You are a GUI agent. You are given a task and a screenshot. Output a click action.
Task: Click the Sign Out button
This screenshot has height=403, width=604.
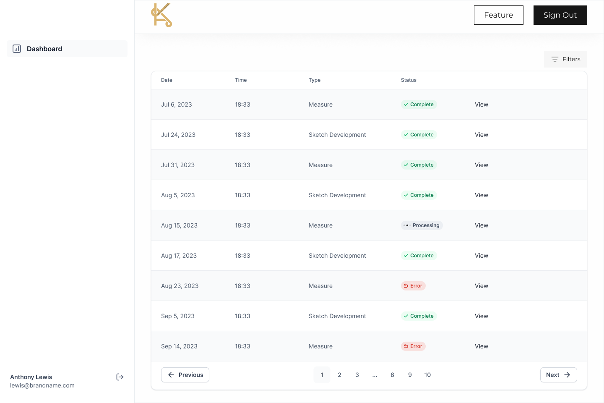coord(560,15)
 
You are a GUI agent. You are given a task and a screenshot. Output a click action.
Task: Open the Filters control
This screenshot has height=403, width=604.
coord(565,59)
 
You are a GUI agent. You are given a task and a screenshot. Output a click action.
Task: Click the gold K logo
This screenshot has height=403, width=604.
coord(161,16)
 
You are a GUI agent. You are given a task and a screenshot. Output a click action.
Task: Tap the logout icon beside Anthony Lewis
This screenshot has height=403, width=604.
coord(120,377)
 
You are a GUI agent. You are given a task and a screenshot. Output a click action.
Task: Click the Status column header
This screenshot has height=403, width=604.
coord(409,80)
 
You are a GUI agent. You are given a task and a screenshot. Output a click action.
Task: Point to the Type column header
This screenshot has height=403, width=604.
coord(315,80)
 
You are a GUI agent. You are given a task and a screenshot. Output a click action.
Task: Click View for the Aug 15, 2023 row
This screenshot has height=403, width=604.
coord(482,225)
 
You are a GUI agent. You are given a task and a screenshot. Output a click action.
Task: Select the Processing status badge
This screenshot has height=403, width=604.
coord(422,225)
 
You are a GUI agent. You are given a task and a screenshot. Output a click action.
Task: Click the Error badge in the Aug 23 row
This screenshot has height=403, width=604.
coord(413,286)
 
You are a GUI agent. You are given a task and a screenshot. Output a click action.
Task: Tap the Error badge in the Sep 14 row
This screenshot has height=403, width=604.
coord(413,346)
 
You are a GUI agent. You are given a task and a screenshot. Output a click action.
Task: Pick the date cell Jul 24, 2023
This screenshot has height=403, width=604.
coord(178,135)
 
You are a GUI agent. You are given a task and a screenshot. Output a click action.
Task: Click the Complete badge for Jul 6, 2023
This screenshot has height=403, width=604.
coord(419,105)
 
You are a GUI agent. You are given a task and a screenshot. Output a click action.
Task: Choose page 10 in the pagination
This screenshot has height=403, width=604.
coord(427,375)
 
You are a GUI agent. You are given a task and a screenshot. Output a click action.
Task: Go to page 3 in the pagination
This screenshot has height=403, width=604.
coord(357,375)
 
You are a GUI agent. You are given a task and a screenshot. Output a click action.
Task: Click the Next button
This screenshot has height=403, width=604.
coord(558,375)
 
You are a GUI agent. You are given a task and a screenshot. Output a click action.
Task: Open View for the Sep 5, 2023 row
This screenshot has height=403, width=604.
coord(482,316)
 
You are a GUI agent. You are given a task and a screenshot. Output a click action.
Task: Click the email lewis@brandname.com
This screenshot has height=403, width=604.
coord(42,385)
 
